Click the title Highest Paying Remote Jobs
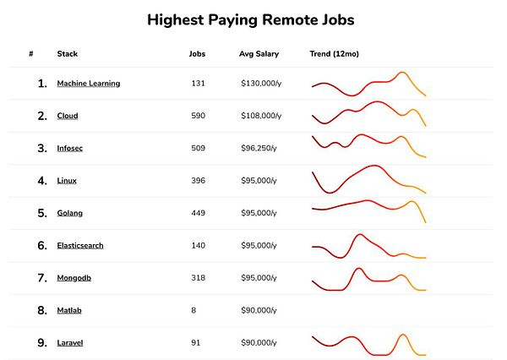point(251,19)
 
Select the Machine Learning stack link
point(88,84)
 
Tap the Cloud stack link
point(67,116)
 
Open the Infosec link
point(69,149)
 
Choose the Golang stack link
point(69,213)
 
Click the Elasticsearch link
point(80,246)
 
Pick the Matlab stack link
point(69,310)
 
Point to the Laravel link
point(69,342)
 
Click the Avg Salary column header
point(259,54)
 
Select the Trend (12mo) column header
point(335,54)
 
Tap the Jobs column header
point(197,54)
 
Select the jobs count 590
point(199,116)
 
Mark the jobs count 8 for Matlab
point(194,310)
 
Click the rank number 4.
point(42,181)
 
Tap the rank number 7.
point(42,278)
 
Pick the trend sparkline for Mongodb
point(368,277)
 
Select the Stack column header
point(67,54)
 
